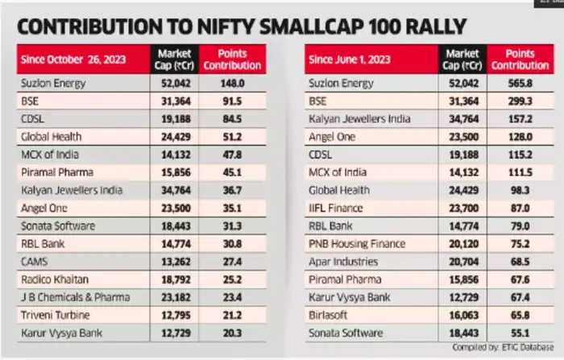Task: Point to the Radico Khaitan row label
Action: pos(54,279)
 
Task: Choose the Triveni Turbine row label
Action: pos(53,314)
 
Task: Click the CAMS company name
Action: pos(35,261)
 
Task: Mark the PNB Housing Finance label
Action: pos(357,243)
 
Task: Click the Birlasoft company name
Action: pos(330,314)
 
